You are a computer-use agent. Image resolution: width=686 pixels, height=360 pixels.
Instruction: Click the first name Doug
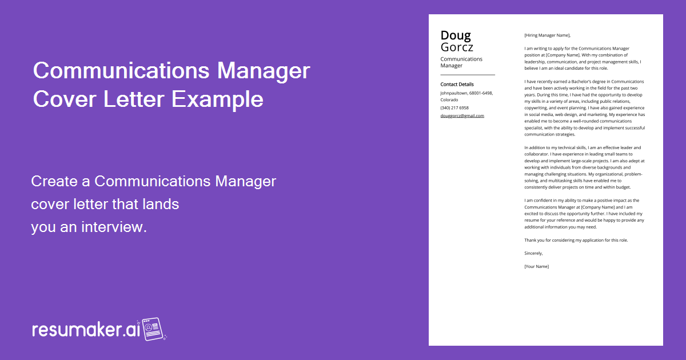pyautogui.click(x=456, y=35)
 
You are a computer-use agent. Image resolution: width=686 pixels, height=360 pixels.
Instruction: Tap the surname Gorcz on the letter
pyautogui.click(x=457, y=47)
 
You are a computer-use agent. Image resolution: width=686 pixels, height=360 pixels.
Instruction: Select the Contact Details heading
pyautogui.click(x=457, y=85)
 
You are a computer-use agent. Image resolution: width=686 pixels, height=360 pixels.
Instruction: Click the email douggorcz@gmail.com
pyautogui.click(x=462, y=115)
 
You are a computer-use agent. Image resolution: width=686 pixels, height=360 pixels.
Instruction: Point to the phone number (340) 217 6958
pyautogui.click(x=454, y=107)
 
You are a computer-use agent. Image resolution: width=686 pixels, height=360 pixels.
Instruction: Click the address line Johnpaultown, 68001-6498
pyautogui.click(x=466, y=93)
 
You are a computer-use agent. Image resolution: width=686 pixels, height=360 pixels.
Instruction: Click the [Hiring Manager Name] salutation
pyautogui.click(x=547, y=35)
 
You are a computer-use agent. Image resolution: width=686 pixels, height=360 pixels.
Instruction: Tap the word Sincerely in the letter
pyautogui.click(x=533, y=253)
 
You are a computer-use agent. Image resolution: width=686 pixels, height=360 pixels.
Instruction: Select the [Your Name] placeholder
pyautogui.click(x=536, y=266)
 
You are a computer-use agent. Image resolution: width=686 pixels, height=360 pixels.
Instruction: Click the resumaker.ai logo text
pyautogui.click(x=85, y=330)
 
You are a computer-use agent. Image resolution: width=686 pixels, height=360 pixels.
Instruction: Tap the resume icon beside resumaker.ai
pyautogui.click(x=153, y=329)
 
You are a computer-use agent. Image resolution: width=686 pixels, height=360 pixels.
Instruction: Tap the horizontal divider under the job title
pyautogui.click(x=467, y=75)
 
